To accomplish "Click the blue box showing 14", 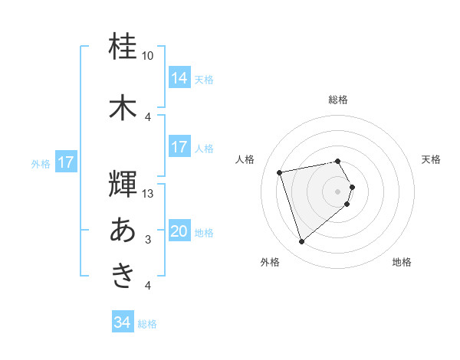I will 179,78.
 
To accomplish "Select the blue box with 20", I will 179,232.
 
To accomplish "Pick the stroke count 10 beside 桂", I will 148,56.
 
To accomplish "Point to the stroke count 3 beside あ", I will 148,240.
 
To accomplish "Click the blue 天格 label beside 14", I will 204,79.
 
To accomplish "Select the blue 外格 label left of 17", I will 41,163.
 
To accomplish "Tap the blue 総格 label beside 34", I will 147,324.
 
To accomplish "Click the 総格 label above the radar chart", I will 338,100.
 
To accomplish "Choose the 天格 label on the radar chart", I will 431,159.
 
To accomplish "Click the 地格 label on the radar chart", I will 402,262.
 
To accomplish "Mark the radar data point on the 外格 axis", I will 301,242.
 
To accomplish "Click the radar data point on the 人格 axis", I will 280,172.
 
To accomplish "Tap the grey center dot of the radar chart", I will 338,191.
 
